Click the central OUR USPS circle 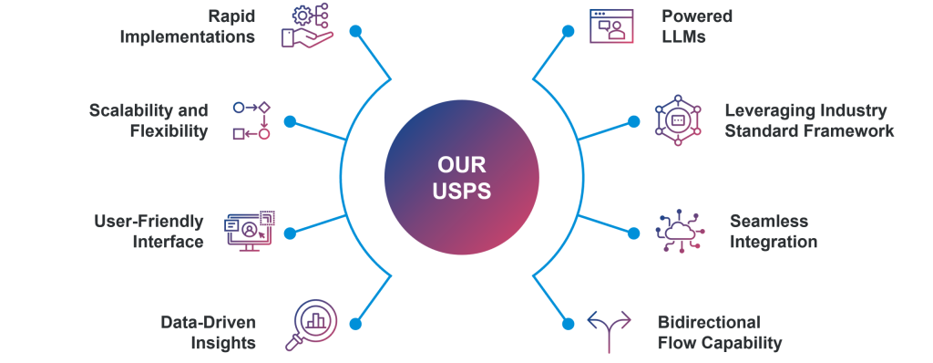pos(462,178)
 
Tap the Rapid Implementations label pos(188,26)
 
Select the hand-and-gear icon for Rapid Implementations pos(307,26)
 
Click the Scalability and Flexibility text pos(149,120)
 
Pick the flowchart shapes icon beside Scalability pos(251,120)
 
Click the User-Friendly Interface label pos(149,232)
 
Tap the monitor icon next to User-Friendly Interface pos(250,231)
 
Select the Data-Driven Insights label pos(209,333)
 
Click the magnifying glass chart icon pos(312,325)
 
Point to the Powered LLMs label pos(697,26)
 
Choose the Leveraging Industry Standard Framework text pos(809,120)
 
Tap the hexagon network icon pos(678,120)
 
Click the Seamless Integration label pos(774,232)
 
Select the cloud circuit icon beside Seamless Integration pos(680,232)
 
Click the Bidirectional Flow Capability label pos(720,333)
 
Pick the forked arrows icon pos(610,331)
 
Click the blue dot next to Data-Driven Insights pos(356,325)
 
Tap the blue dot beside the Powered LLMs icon pos(569,31)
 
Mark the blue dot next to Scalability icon pos(290,121)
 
